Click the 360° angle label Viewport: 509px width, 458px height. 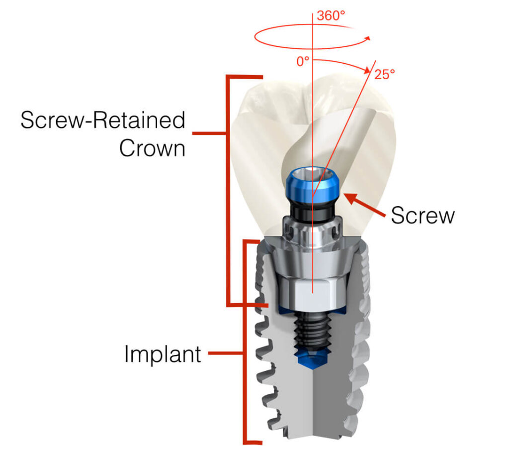(331, 15)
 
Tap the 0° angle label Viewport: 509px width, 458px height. (303, 61)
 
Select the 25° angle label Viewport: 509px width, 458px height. (385, 75)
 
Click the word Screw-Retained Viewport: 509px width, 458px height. (103, 120)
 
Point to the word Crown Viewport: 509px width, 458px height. (152, 148)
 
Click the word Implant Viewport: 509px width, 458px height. (163, 354)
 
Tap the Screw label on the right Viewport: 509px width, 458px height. (423, 215)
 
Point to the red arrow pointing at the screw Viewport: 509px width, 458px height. (364, 205)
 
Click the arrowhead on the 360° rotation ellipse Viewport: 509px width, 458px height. (367, 39)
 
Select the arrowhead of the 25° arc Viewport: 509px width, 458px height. (367, 70)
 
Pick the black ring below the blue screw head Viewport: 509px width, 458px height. (312, 212)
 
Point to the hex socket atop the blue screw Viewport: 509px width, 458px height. (312, 171)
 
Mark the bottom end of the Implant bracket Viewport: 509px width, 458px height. (261, 443)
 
